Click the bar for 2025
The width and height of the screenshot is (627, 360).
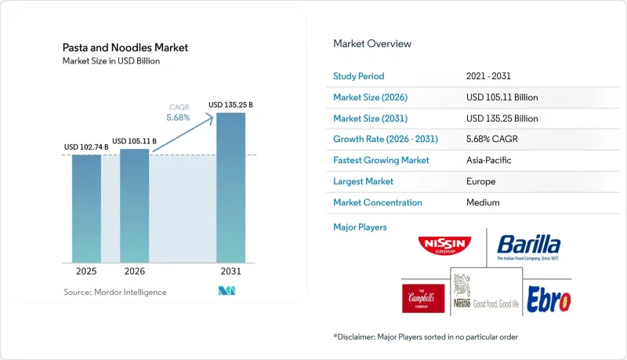tap(86, 209)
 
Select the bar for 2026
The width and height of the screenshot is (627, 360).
tap(134, 206)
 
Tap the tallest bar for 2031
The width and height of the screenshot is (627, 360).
tap(230, 187)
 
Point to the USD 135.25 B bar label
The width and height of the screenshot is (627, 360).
tap(230, 105)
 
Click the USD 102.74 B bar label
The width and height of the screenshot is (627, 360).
tap(86, 147)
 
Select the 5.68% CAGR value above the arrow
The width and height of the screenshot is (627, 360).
tap(179, 118)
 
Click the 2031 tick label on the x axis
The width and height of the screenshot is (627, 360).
tap(230, 271)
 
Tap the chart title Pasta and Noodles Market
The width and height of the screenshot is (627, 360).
tap(125, 48)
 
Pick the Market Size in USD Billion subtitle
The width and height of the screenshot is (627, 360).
tap(111, 61)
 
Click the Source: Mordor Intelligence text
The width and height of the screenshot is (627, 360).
tap(114, 292)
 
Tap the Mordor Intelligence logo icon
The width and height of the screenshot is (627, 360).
tap(227, 291)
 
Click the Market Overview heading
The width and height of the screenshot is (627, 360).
tap(372, 44)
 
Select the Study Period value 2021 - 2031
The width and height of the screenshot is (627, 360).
tap(488, 76)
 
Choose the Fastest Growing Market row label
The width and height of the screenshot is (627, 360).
tap(381, 160)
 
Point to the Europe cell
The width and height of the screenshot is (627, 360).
tap(480, 181)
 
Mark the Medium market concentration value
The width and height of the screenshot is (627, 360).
tap(483, 202)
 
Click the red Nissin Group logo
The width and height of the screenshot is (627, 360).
tap(444, 245)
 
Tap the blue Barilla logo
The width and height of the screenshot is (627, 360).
tap(528, 247)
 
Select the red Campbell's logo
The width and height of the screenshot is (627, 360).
tap(423, 298)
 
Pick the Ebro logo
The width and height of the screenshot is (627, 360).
tap(549, 299)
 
